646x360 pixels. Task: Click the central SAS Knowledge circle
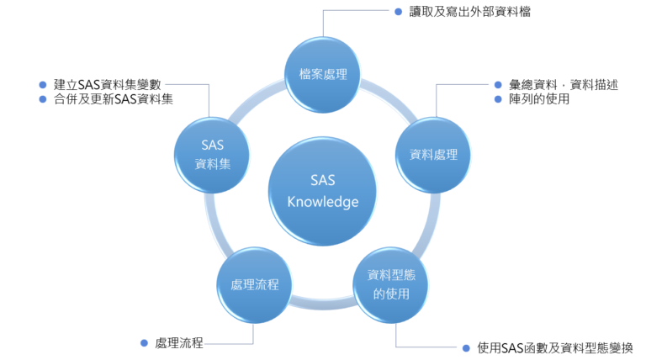click(323, 191)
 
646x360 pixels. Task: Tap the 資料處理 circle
click(433, 155)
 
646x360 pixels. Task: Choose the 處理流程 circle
click(254, 284)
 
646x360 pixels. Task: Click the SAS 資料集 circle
click(213, 154)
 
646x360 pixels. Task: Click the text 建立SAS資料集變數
click(107, 84)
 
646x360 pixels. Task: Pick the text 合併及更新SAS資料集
click(114, 98)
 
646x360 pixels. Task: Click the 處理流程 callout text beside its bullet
click(179, 343)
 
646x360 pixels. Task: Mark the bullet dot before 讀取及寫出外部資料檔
click(398, 12)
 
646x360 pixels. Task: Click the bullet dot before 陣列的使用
click(500, 99)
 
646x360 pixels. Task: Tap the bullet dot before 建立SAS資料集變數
click(42, 84)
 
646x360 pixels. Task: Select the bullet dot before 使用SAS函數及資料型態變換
click(467, 347)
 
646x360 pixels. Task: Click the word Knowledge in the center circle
click(323, 202)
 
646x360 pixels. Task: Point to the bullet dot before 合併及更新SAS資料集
click(42, 98)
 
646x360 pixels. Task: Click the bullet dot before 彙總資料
click(500, 85)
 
